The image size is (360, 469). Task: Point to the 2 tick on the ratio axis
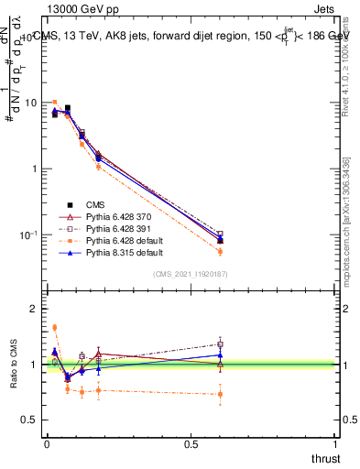(34, 309)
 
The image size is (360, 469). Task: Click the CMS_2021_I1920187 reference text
(190, 274)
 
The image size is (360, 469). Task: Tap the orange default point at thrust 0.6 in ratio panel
(220, 394)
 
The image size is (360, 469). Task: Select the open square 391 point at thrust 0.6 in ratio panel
(220, 344)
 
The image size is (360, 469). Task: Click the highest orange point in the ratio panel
(55, 327)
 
